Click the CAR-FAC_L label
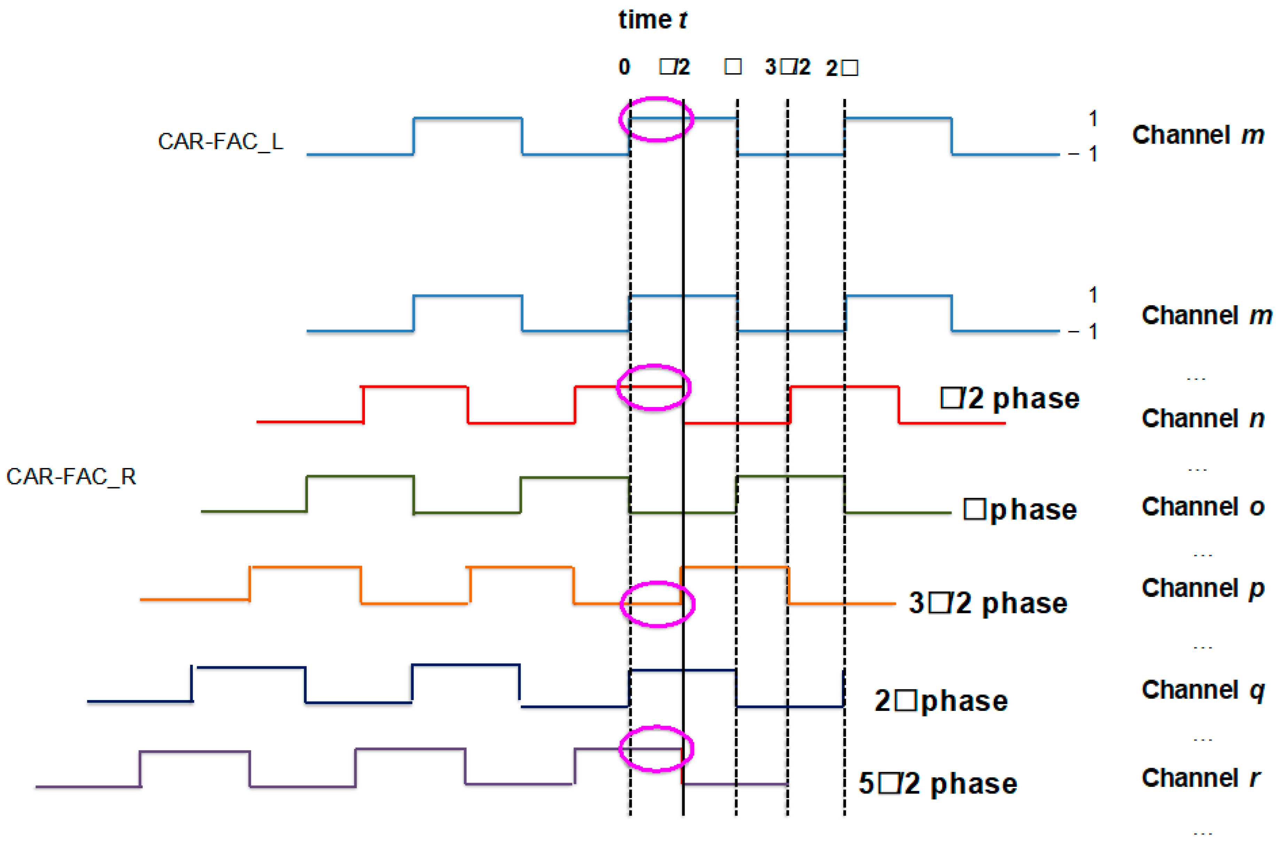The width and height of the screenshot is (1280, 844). tap(220, 141)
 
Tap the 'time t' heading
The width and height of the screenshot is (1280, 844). tap(653, 20)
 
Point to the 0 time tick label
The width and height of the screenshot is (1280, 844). tap(624, 67)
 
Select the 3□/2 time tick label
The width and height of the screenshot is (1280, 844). tap(787, 67)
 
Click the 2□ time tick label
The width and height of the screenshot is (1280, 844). tap(842, 68)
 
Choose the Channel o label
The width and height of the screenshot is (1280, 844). tap(1203, 507)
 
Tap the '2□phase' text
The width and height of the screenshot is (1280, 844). tap(941, 701)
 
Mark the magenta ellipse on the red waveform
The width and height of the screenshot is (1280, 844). tap(654, 388)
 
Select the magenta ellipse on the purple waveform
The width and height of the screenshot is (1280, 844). tap(656, 749)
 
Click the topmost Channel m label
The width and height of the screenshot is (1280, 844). tap(1198, 135)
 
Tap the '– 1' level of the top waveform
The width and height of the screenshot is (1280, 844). tap(1083, 154)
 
